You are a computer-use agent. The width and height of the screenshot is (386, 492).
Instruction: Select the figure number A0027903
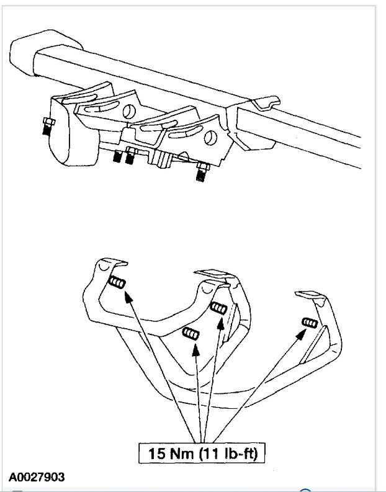click(x=36, y=477)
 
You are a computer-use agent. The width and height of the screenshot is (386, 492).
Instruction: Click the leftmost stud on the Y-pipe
click(x=116, y=284)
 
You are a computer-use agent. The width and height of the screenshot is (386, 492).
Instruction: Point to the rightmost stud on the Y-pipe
click(x=309, y=323)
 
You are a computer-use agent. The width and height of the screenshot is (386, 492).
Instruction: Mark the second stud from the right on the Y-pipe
click(x=218, y=307)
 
